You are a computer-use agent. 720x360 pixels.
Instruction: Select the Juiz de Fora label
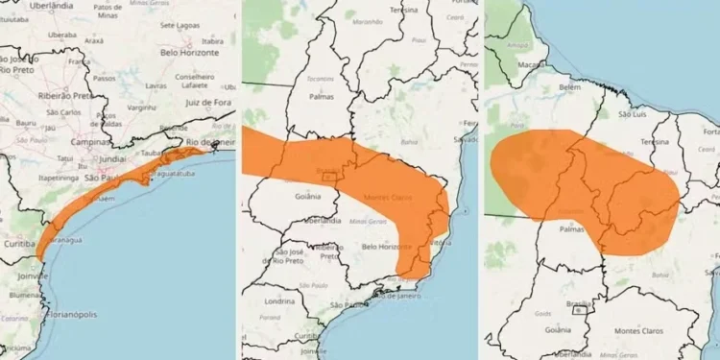pyautogui.click(x=210, y=101)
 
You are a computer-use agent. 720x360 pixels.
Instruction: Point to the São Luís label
pyautogui.click(x=636, y=113)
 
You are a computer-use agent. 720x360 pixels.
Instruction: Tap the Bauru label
pyautogui.click(x=27, y=123)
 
